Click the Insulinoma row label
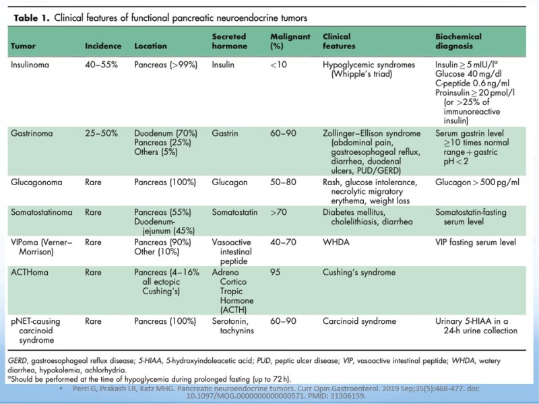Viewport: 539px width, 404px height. pyautogui.click(x=30, y=65)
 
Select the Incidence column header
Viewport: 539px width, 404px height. pyautogui.click(x=103, y=46)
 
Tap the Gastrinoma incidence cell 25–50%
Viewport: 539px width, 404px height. pyautogui.click(x=102, y=133)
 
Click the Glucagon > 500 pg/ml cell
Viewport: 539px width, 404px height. pyautogui.click(x=478, y=182)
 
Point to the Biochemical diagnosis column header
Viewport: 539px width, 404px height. pyautogui.click(x=458, y=41)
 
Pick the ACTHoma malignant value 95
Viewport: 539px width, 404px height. pyautogui.click(x=276, y=273)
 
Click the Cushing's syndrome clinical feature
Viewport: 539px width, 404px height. pyautogui.click(x=359, y=273)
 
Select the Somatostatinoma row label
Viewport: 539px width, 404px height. pyautogui.click(x=42, y=212)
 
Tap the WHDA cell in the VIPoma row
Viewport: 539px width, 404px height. pyautogui.click(x=336, y=242)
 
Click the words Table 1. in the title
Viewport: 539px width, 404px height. pyautogui.click(x=32, y=18)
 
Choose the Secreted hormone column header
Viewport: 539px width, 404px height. pyautogui.click(x=229, y=41)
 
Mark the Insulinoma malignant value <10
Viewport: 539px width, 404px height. pyautogui.click(x=278, y=65)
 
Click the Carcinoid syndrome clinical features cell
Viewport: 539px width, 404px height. pyautogui.click(x=359, y=322)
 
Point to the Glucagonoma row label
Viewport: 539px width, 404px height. pyautogui.click(x=36, y=182)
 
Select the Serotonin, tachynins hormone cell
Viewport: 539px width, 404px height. pyautogui.click(x=232, y=326)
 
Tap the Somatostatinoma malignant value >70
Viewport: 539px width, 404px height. pyautogui.click(x=278, y=212)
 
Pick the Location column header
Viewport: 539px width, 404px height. pyautogui.click(x=150, y=46)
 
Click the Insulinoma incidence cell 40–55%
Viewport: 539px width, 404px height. pyautogui.click(x=102, y=65)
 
